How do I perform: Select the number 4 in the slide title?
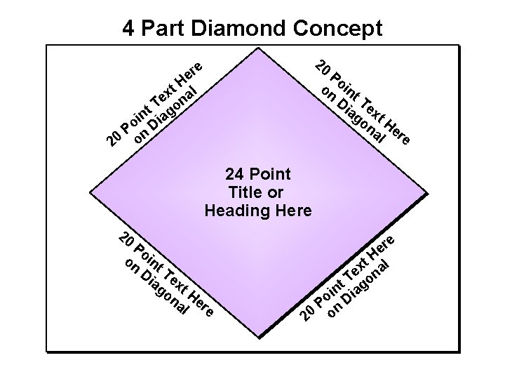pyautogui.click(x=129, y=28)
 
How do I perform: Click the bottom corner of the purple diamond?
pyautogui.click(x=258, y=348)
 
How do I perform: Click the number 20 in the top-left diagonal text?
pyautogui.click(x=112, y=142)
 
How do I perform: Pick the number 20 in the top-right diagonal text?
pyautogui.click(x=323, y=67)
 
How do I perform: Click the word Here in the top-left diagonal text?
pyautogui.click(x=189, y=74)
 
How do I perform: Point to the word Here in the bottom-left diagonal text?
pyautogui.click(x=201, y=301)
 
